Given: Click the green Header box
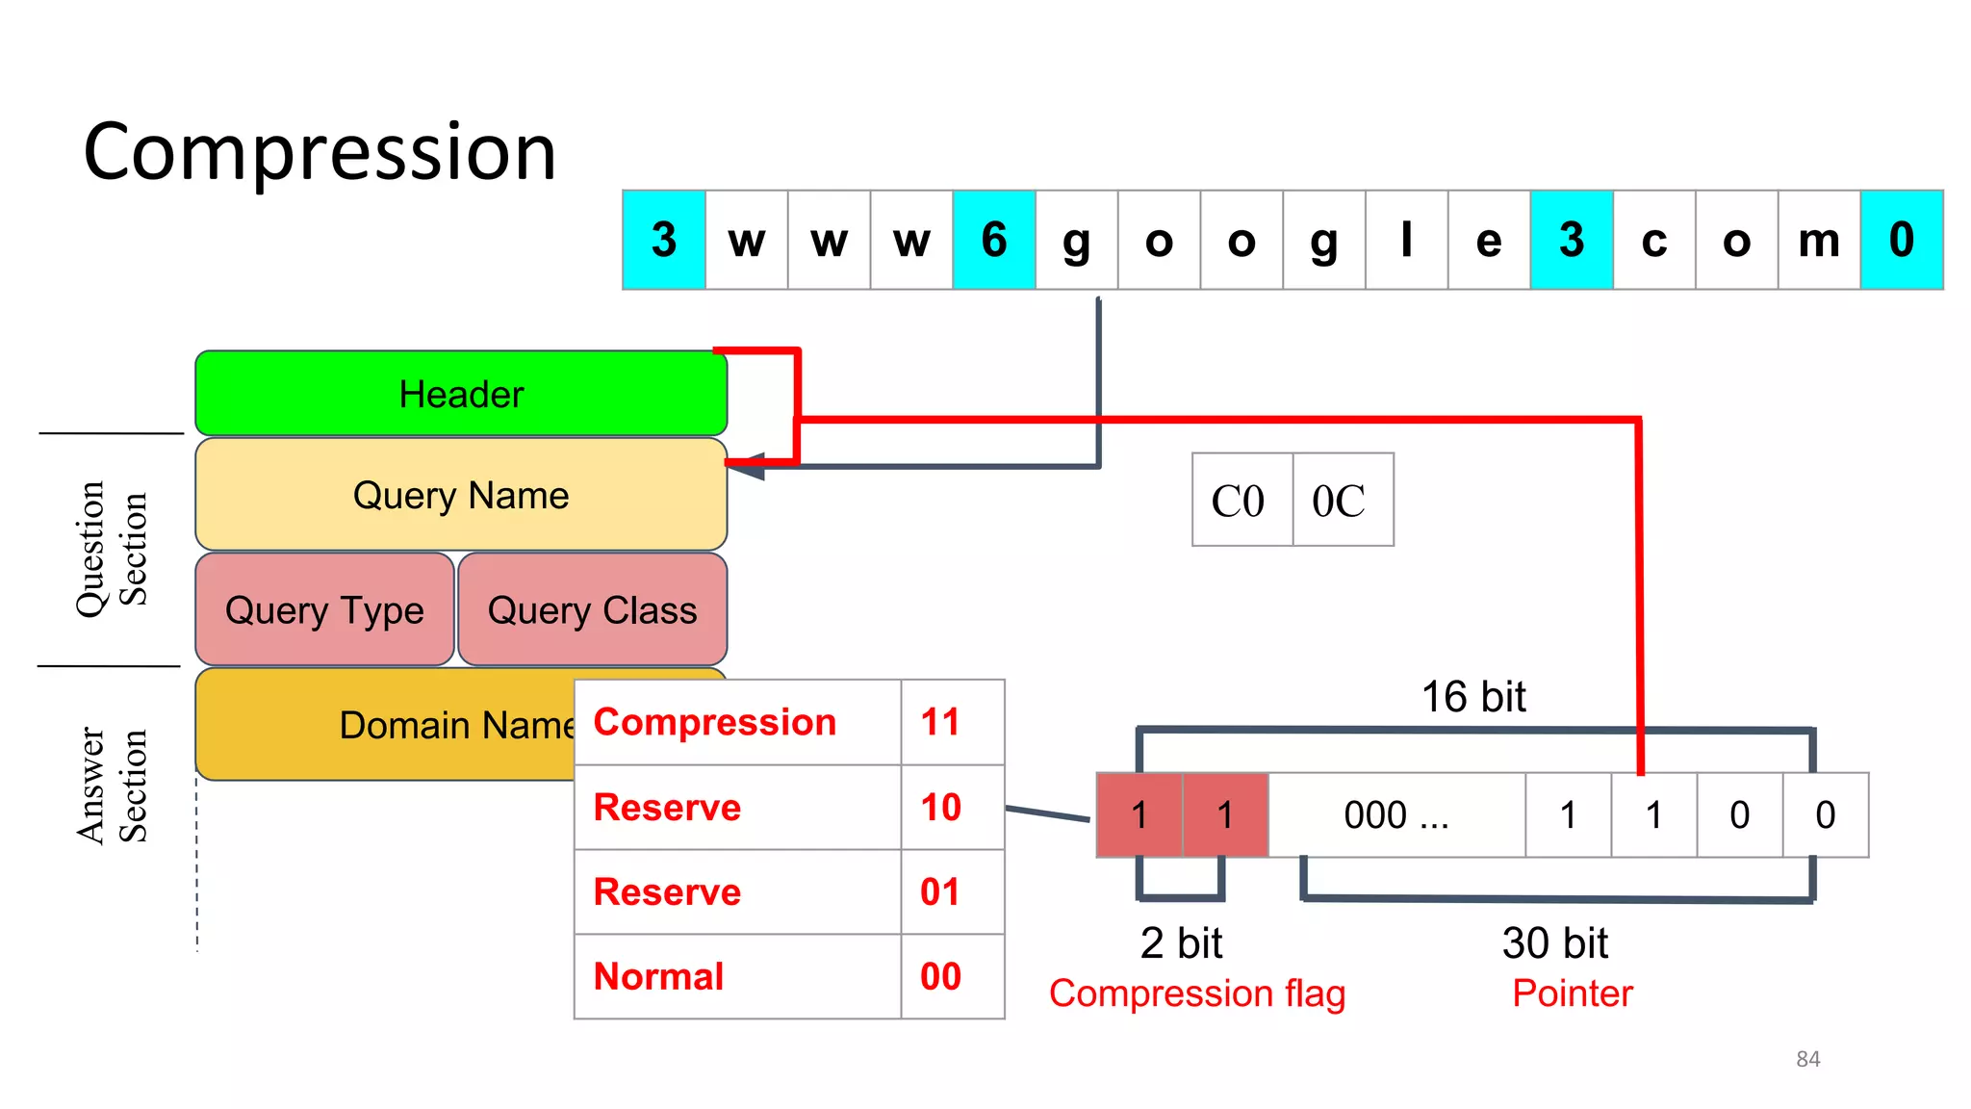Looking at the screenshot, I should point(461,394).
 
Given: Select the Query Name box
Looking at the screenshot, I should point(461,495).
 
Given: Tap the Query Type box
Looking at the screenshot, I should point(324,609).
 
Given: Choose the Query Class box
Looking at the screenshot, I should point(592,609).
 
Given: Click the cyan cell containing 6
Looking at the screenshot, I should point(994,240).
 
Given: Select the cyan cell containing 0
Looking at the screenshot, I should point(1901,240).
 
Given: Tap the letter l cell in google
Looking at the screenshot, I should point(1406,240).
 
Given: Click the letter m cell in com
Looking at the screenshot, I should point(1818,240).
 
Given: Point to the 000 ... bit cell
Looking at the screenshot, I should point(1396,815).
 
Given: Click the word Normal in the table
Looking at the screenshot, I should point(659,976).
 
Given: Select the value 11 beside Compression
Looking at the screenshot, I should point(940,722).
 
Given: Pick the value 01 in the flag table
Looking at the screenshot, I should point(940,891).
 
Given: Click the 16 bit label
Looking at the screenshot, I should point(1473,696).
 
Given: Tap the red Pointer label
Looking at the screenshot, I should point(1573,993).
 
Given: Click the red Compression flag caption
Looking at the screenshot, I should point(1196,993).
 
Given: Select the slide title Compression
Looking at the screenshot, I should point(320,152).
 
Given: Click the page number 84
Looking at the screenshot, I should point(1807,1059).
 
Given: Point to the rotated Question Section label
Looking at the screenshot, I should point(112,549).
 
